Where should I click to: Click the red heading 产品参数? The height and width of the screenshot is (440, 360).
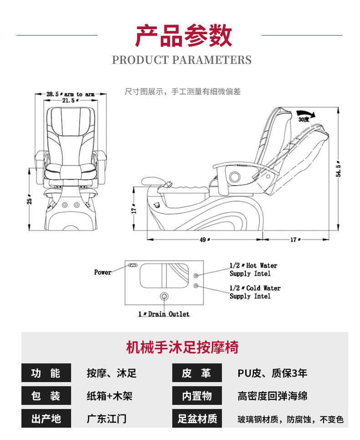point(183,36)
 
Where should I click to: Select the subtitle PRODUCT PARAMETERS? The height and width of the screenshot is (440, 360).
point(181,60)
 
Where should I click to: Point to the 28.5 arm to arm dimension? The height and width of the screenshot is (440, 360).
point(71,94)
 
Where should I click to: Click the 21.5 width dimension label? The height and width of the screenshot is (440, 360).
point(68,101)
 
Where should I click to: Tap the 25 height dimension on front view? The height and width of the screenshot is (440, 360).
point(30,200)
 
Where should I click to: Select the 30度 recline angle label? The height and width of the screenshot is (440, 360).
point(303,119)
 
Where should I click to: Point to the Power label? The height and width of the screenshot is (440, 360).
point(103,272)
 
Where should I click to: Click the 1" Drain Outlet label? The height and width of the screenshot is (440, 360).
point(164,314)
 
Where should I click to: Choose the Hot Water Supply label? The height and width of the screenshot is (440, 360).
point(253,269)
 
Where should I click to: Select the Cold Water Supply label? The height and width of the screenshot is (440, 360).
point(255,292)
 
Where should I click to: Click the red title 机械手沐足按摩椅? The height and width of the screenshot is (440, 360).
point(182,347)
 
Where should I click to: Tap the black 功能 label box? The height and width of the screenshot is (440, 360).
point(46,373)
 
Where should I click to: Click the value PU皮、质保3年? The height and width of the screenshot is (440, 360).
point(272,373)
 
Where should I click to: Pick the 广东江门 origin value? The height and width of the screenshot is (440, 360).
point(106,419)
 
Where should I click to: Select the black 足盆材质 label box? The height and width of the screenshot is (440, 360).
point(197,419)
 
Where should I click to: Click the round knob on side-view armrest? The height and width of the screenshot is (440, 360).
point(235,176)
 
